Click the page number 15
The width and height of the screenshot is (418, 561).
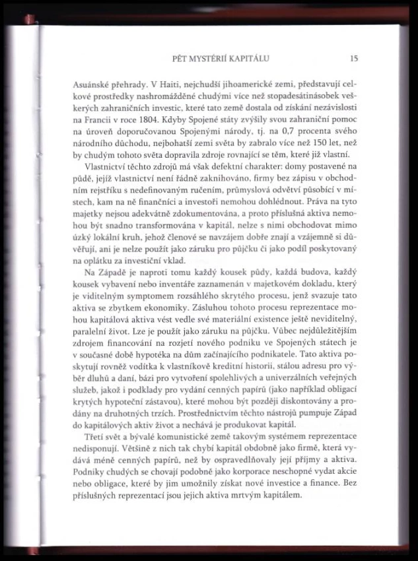(x=354, y=58)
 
